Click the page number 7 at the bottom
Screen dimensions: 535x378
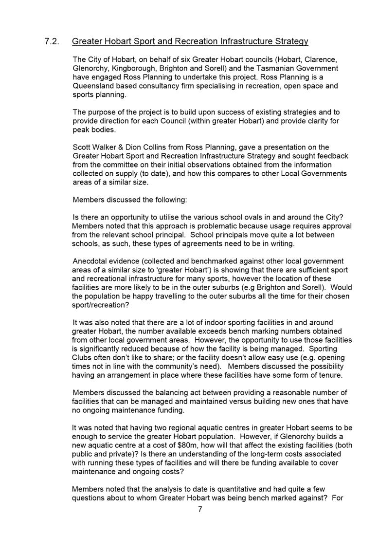[200, 509]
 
